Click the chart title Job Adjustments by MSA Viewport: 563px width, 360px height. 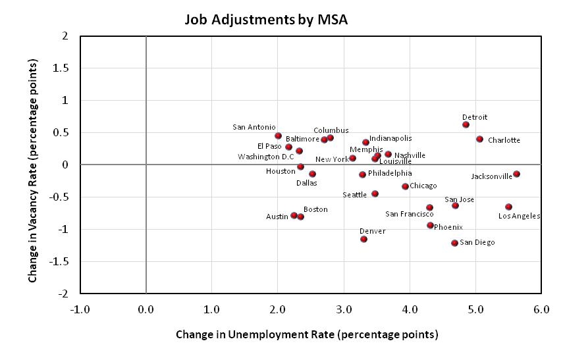(265, 20)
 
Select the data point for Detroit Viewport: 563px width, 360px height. (466, 124)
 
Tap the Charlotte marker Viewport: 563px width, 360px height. (479, 139)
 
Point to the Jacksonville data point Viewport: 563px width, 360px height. (516, 174)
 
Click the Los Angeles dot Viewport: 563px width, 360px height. (508, 207)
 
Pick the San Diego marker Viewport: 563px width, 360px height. (454, 243)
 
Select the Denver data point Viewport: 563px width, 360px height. (363, 239)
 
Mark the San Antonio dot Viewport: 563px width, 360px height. (278, 136)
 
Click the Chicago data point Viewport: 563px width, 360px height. (405, 186)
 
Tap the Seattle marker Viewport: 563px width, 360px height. (375, 193)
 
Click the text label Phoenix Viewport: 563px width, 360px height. (448, 227)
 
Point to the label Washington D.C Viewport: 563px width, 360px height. (266, 157)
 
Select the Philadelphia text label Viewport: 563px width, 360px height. (390, 173)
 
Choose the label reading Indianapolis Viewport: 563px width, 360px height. (390, 138)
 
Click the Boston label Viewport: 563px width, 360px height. (315, 209)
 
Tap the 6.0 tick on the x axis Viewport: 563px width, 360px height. (541, 309)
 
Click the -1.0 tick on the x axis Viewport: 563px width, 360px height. (80, 309)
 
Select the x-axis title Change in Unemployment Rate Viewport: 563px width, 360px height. (306, 334)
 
